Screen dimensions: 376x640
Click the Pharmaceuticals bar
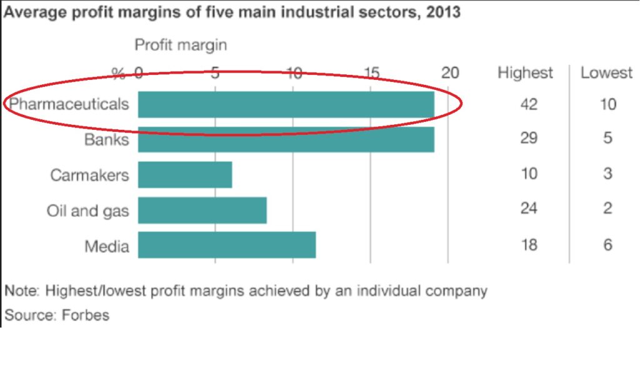tap(286, 104)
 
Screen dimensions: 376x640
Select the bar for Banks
tap(286, 139)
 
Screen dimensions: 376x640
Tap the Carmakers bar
tap(185, 174)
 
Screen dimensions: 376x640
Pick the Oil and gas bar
tap(202, 210)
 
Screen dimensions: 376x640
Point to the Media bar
tap(226, 245)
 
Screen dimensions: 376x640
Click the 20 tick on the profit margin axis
tap(450, 73)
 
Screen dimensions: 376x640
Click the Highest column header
tap(525, 73)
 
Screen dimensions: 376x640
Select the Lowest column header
tap(606, 73)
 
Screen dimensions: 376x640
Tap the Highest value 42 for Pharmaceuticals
tap(529, 104)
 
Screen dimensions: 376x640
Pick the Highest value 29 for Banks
tap(529, 138)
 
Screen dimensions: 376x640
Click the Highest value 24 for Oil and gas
tap(529, 209)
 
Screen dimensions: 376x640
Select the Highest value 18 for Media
tap(529, 244)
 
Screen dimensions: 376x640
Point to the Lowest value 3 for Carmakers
tap(607, 174)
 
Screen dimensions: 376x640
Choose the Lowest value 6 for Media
tap(607, 244)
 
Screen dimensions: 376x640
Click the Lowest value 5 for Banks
tap(607, 138)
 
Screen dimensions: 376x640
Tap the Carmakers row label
tap(89, 175)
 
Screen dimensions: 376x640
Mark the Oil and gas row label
tap(87, 210)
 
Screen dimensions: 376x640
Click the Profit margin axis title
tap(181, 45)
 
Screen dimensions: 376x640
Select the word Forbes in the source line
tap(85, 315)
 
